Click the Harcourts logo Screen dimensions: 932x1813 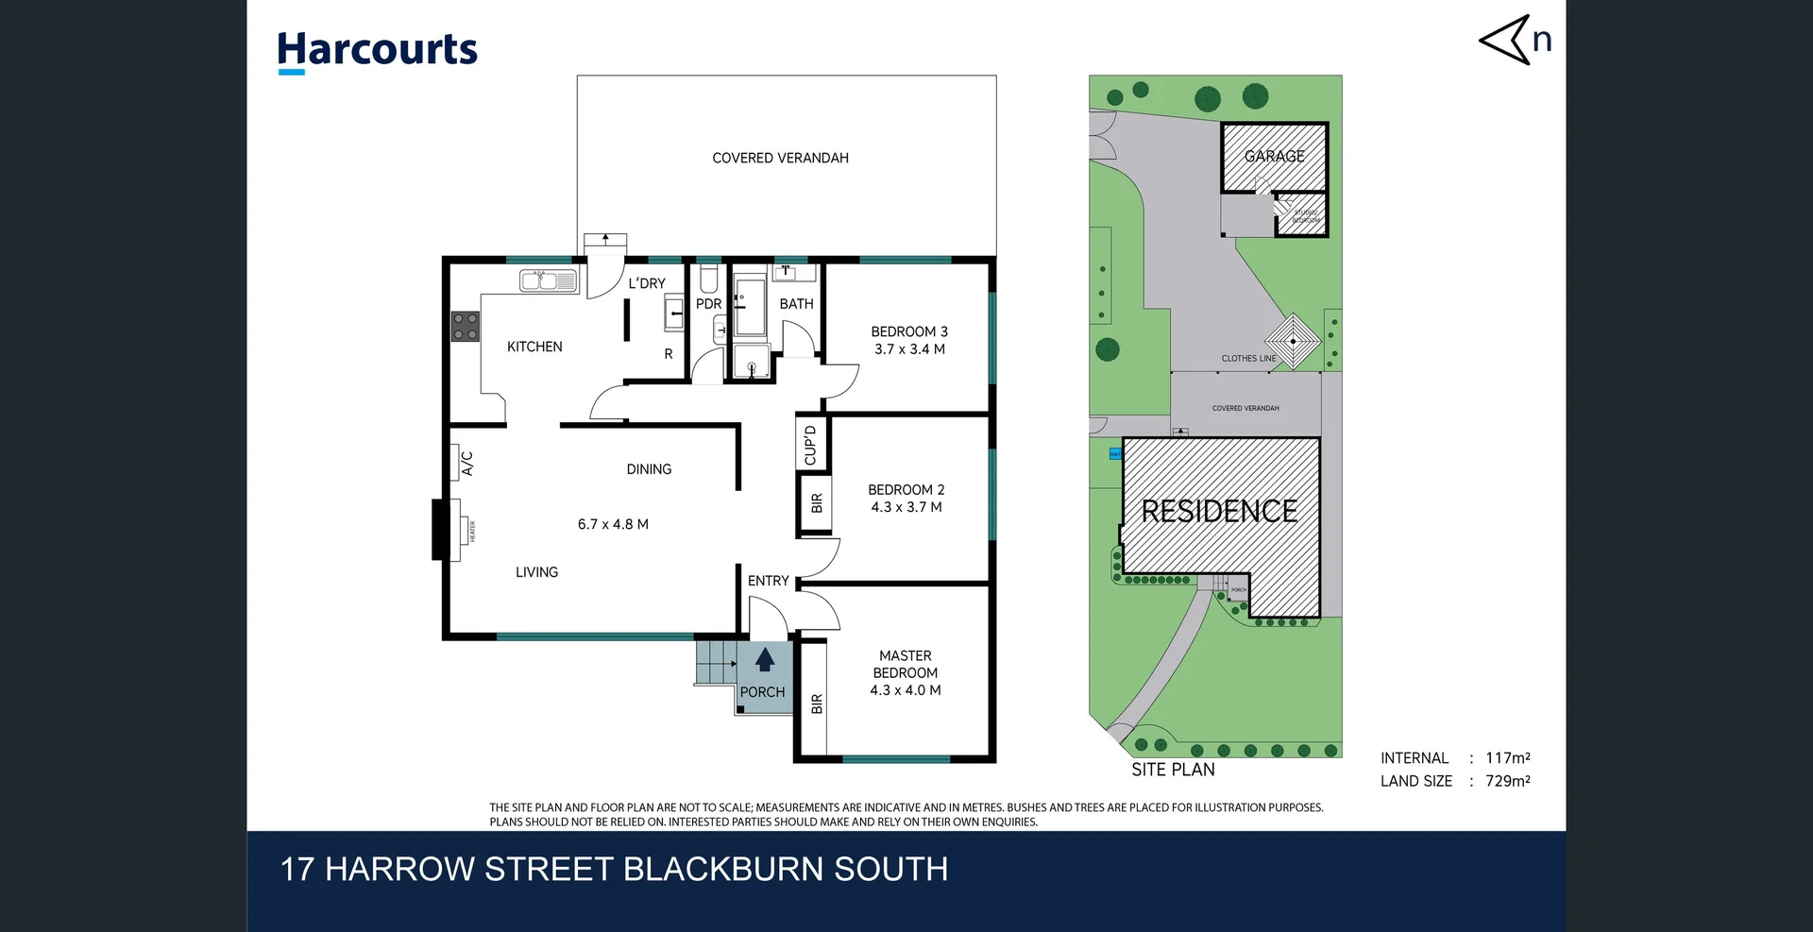point(377,51)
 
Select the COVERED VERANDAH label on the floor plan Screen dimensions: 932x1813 point(780,158)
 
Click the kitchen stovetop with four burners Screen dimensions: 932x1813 point(465,327)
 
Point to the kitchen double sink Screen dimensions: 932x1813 point(549,280)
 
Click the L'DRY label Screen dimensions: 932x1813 point(647,283)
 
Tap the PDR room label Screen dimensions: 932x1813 point(708,304)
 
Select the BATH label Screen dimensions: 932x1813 point(796,304)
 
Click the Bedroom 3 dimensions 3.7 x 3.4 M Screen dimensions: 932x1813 point(909,349)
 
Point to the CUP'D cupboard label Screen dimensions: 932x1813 point(810,445)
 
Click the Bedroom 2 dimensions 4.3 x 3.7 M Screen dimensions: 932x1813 point(906,507)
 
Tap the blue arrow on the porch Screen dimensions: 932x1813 point(765,659)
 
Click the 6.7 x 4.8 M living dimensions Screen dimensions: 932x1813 point(613,524)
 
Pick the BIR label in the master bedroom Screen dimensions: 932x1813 point(817,703)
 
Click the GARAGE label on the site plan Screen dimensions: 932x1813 point(1274,156)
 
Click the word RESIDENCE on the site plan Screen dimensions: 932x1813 point(1219,511)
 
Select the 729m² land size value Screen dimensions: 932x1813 point(1508,781)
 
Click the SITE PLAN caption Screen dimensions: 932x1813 point(1173,770)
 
